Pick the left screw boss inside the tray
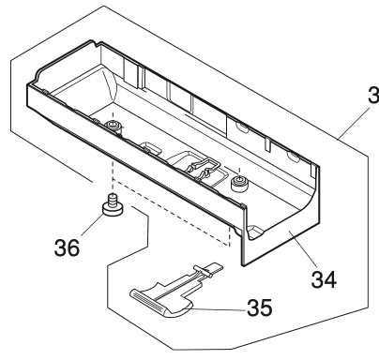113,127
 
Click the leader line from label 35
220,305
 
